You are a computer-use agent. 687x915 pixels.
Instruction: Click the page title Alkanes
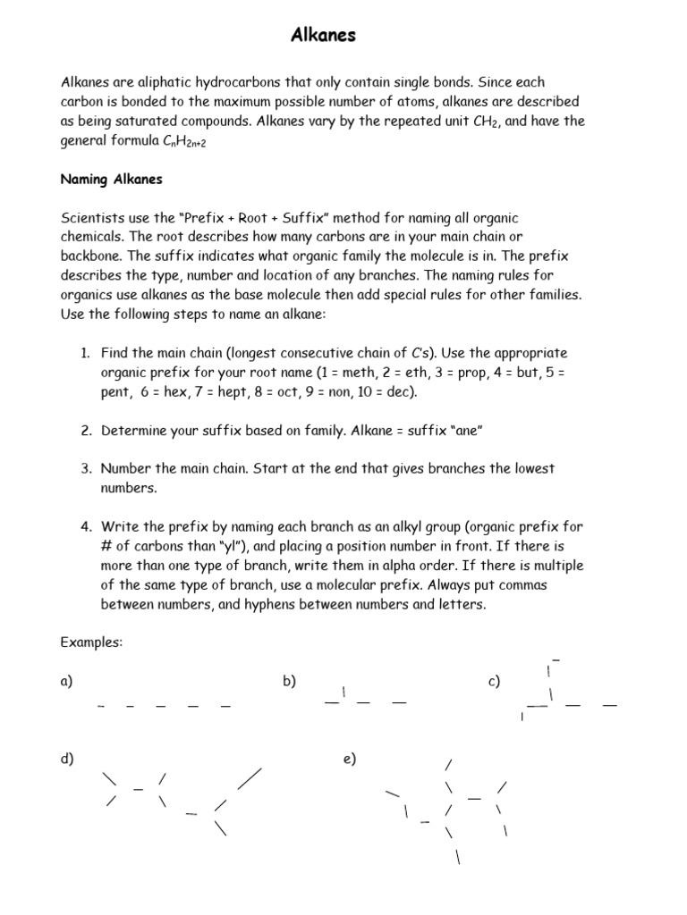pos(324,36)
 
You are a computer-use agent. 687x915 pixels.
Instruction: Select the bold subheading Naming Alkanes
pos(111,179)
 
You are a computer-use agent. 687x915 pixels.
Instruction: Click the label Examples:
pos(91,642)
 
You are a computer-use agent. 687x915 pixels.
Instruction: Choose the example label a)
pos(66,682)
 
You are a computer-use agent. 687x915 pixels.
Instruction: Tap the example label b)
pos(289,682)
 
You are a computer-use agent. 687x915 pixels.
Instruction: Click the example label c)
pos(494,682)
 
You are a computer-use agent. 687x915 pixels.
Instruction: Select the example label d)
pos(66,759)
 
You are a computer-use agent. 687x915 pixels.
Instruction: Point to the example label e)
pos(349,759)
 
